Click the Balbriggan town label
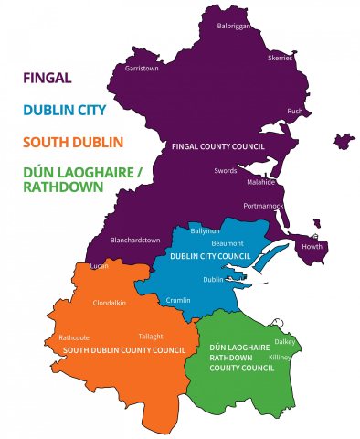(x=233, y=26)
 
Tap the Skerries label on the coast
(x=280, y=58)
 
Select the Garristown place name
(x=142, y=68)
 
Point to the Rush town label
(x=295, y=111)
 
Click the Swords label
(x=225, y=170)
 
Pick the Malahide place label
(x=260, y=182)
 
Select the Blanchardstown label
(x=133, y=240)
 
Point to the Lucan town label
(x=100, y=265)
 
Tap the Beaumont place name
(x=227, y=243)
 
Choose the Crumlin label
(x=179, y=300)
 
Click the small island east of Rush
(x=344, y=142)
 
